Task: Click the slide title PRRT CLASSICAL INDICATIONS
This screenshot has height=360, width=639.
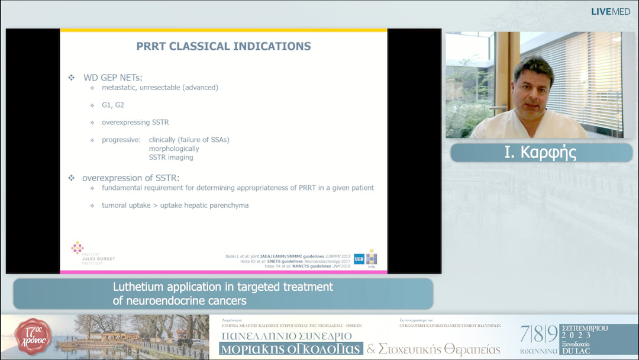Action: (x=223, y=46)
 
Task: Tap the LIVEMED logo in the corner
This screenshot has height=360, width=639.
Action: (x=611, y=11)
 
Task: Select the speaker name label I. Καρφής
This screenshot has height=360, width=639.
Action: (x=541, y=153)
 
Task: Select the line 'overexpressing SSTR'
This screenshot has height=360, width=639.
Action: (x=135, y=123)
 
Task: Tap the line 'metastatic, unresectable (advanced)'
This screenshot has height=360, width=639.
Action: (x=160, y=88)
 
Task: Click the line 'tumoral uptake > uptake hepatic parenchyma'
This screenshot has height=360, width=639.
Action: (x=175, y=205)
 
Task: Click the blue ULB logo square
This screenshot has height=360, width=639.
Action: (x=359, y=259)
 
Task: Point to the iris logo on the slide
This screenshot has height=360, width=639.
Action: (x=372, y=258)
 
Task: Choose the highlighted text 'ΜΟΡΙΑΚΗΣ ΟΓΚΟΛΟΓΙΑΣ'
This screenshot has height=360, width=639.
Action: (x=291, y=349)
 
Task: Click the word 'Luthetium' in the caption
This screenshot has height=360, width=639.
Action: (x=137, y=287)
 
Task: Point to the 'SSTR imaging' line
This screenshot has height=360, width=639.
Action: (x=171, y=157)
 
